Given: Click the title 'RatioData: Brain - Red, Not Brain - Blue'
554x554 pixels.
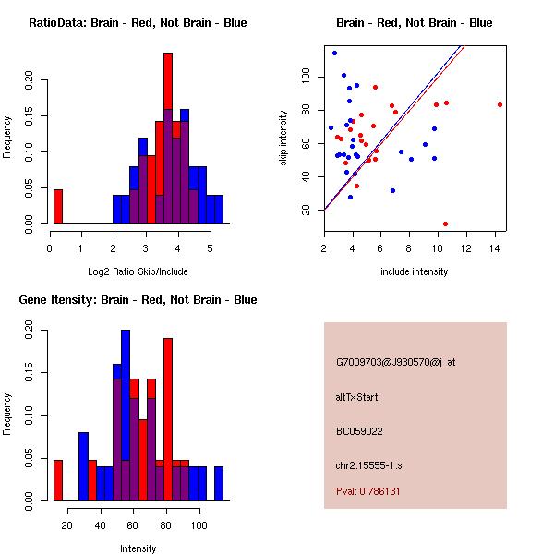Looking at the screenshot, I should (138, 22).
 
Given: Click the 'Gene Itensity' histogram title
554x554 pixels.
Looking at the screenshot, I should (138, 299).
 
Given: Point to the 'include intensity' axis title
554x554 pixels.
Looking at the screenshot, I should (415, 271).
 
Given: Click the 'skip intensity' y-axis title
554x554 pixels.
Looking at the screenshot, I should (284, 138).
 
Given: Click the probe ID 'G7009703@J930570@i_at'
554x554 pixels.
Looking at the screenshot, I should (396, 362).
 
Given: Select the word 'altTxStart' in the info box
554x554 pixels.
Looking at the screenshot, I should (357, 397).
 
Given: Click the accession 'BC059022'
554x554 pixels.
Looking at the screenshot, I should (359, 430).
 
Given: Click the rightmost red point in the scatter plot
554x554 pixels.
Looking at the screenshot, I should (500, 104).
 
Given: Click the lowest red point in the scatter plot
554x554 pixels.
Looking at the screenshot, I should (445, 223).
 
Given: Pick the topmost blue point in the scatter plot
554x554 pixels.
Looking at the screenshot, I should (334, 53).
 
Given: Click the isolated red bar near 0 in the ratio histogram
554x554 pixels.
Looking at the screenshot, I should (58, 206).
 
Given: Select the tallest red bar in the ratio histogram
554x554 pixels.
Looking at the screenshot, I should (168, 138).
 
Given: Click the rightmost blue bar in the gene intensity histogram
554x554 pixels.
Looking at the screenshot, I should (219, 483).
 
